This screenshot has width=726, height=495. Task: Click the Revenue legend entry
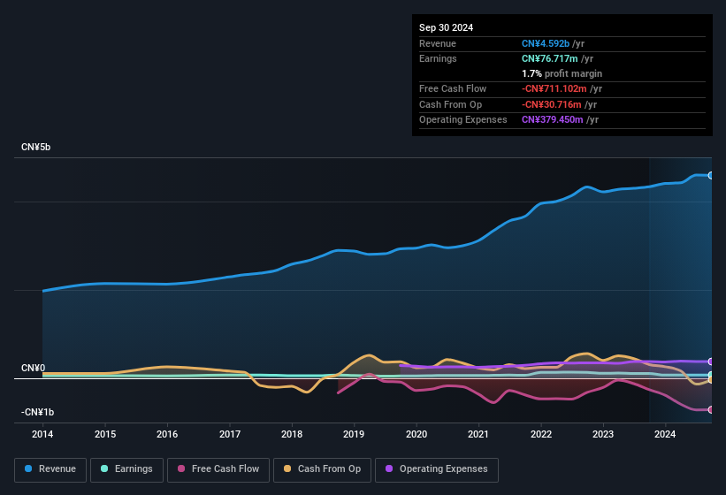[x=51, y=469]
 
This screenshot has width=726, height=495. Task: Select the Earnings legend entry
[x=127, y=469]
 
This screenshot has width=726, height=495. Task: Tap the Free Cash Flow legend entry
[x=218, y=469]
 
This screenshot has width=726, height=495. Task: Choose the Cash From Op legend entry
[x=322, y=469]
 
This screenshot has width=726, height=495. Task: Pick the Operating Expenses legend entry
[x=437, y=469]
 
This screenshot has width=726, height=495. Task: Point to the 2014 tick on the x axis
[x=42, y=434]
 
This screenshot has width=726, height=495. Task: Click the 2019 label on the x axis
[x=354, y=434]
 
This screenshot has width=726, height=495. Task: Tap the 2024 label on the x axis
[x=665, y=434]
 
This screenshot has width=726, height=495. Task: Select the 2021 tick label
[x=478, y=434]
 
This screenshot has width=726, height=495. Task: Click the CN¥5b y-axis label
[x=36, y=147]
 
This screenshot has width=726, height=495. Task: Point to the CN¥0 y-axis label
[x=33, y=368]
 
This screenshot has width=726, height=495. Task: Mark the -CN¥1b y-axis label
[x=38, y=412]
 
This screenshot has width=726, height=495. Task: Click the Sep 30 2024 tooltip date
[x=447, y=27]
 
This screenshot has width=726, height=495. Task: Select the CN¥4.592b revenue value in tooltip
[x=546, y=43]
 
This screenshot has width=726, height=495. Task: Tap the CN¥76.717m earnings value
[x=551, y=58]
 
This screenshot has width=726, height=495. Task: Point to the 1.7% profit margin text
[x=562, y=73]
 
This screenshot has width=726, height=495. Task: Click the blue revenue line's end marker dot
[x=711, y=175]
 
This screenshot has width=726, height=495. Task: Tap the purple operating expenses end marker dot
[x=711, y=362]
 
